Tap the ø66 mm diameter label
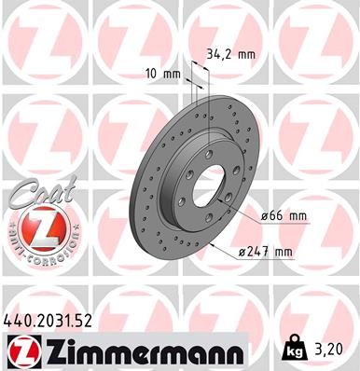point(285,215)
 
